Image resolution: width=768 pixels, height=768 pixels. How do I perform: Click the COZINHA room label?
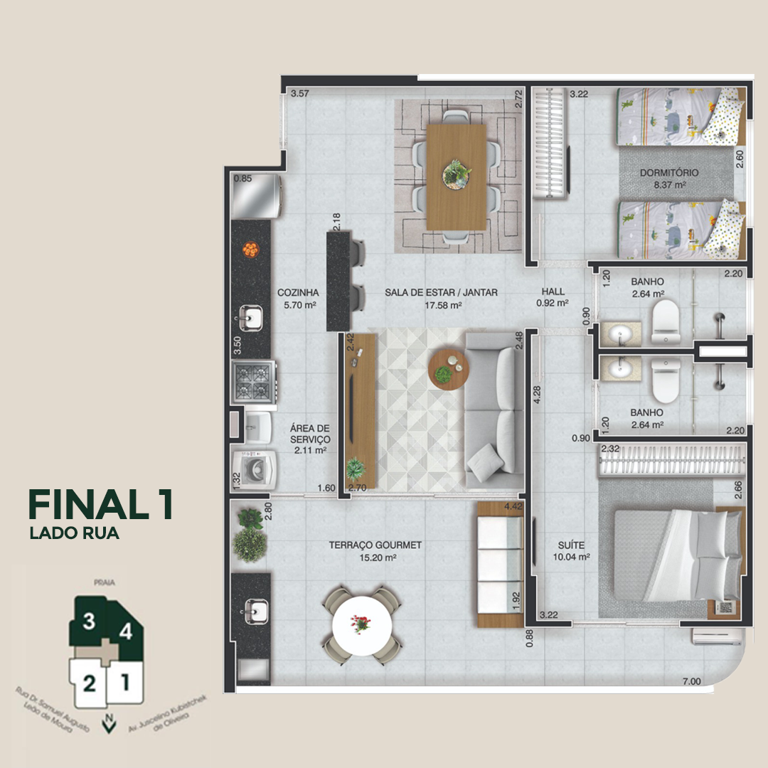pyautogui.click(x=298, y=292)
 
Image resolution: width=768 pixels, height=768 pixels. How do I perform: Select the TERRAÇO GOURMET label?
pyautogui.click(x=375, y=545)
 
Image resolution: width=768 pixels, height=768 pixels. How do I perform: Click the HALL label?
pyautogui.click(x=553, y=292)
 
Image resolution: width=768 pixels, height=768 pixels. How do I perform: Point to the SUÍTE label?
pyautogui.click(x=571, y=545)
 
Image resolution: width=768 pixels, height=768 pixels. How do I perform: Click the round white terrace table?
pyautogui.click(x=362, y=626)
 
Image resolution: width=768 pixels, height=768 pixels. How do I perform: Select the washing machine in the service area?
pyautogui.click(x=254, y=470)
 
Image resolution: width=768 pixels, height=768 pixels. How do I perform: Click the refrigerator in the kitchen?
pyautogui.click(x=256, y=196)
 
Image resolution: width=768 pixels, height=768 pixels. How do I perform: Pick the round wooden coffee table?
pyautogui.click(x=449, y=370)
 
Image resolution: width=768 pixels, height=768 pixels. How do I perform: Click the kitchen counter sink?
pyautogui.click(x=250, y=318)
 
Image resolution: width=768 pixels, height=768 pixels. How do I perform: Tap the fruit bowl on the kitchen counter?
pyautogui.click(x=251, y=250)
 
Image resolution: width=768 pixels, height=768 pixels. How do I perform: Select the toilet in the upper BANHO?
pyautogui.click(x=666, y=321)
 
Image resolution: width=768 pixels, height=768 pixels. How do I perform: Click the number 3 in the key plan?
pyautogui.click(x=89, y=621)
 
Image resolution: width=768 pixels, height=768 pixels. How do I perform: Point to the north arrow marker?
pyautogui.click(x=110, y=723)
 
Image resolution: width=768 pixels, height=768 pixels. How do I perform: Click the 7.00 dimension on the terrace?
pyautogui.click(x=692, y=681)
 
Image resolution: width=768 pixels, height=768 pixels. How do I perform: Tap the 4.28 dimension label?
pyautogui.click(x=537, y=395)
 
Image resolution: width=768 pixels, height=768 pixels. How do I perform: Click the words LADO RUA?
pyautogui.click(x=75, y=533)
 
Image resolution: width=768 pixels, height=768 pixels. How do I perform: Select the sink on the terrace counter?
pyautogui.click(x=255, y=612)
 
